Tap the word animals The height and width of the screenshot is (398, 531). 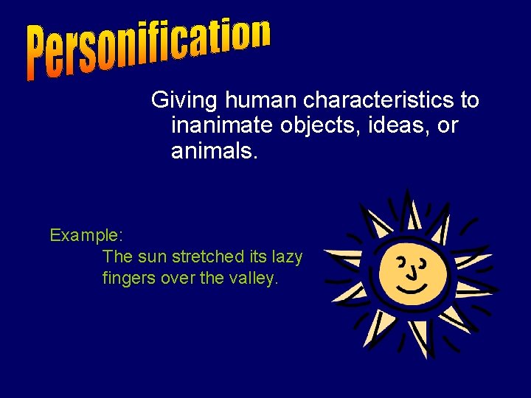(215, 153)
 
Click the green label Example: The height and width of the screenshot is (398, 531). (86, 236)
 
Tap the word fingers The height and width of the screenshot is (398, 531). (127, 279)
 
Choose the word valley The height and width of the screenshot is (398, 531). (254, 279)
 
